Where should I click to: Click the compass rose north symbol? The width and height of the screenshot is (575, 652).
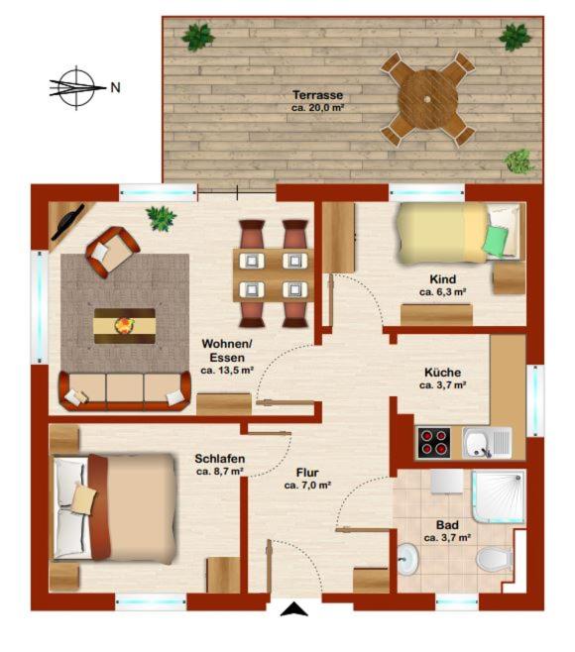77,88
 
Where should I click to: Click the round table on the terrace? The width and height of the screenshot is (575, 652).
427,99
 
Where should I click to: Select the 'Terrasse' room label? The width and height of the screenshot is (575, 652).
317,95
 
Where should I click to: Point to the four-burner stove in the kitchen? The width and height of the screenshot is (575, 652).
434,442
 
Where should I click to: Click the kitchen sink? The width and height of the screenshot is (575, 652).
487,442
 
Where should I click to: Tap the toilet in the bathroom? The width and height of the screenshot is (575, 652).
494,559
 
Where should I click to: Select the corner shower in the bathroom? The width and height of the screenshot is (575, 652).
499,496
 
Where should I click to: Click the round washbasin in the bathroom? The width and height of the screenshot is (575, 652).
407,559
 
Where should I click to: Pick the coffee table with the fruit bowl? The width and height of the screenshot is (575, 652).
125,326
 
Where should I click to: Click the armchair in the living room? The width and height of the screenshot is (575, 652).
112,252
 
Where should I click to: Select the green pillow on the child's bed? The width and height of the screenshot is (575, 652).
495,240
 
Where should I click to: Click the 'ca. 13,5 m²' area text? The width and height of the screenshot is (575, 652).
227,370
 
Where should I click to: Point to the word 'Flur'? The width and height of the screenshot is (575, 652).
307,473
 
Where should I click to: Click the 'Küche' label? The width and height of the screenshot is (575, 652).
442,373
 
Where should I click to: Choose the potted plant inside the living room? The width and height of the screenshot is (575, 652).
161,218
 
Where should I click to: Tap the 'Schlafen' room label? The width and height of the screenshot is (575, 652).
220,459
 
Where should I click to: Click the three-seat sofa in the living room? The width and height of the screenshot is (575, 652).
125,390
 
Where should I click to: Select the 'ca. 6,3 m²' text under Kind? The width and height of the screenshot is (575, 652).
442,292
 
